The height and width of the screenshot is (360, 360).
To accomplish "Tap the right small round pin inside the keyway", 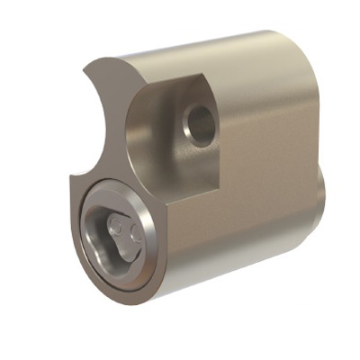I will (x=135, y=232).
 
